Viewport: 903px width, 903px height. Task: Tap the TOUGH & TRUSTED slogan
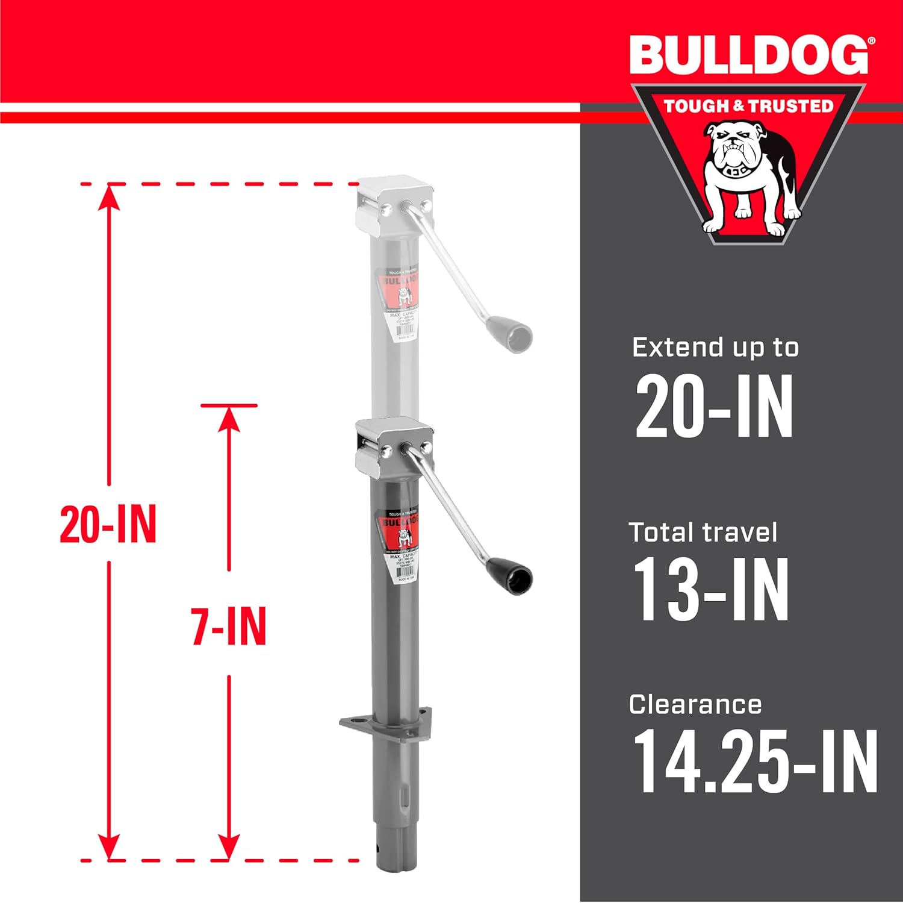[748, 106]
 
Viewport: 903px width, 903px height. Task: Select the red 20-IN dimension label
[108, 524]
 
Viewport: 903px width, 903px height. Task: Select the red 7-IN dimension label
[229, 626]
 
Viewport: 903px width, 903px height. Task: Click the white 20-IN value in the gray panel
[714, 407]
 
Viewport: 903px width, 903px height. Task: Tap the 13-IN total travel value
[711, 589]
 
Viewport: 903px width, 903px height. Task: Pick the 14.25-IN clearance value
[755, 762]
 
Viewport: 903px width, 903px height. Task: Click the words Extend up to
[715, 348]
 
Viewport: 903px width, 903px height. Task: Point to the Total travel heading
[703, 533]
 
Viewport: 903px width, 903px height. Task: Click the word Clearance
[695, 704]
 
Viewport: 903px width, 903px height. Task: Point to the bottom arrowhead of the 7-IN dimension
[229, 847]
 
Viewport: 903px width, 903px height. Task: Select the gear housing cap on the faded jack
[394, 203]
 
